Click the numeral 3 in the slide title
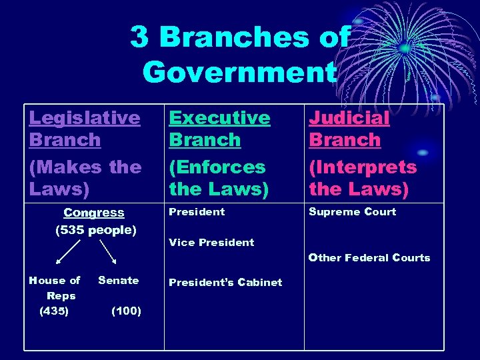tap(139, 37)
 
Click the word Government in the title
tap(239, 72)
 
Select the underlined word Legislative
tap(85, 118)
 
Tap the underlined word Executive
tap(219, 118)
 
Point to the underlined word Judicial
tap(349, 118)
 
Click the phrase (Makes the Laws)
tap(85, 177)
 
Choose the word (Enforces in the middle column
tap(217, 167)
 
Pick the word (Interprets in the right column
tap(362, 167)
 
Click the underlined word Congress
tap(94, 213)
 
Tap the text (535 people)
tap(95, 231)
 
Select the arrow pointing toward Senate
tap(108, 251)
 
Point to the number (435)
tap(54, 311)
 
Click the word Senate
tap(119, 281)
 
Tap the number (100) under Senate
tap(126, 311)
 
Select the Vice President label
tap(211, 243)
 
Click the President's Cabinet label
tap(225, 283)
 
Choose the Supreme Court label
tap(352, 212)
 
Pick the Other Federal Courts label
tap(369, 258)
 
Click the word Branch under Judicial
tap(345, 141)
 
